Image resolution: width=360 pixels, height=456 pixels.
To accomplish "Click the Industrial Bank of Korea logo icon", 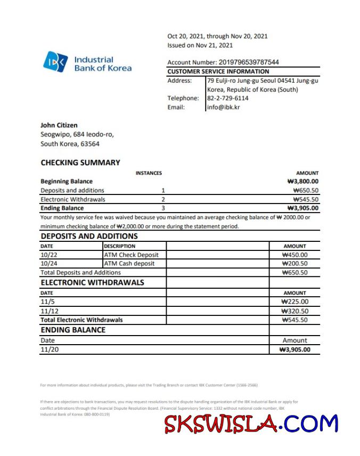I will click(55, 62).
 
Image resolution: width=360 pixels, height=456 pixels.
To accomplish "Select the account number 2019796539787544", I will click(249, 62).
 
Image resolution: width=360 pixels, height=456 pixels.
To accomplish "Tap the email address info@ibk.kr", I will click(224, 107).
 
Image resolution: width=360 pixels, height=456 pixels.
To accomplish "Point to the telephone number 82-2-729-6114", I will click(228, 98).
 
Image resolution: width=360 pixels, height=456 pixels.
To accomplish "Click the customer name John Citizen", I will click(59, 125).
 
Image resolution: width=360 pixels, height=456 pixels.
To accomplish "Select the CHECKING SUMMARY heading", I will click(80, 162).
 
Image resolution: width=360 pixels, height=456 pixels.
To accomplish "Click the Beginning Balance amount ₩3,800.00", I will click(302, 181).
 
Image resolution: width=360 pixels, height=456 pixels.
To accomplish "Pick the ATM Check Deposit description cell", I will click(131, 255).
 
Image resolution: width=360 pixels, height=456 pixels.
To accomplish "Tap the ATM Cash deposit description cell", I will click(129, 263).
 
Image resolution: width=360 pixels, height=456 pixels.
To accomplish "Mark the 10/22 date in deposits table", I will click(48, 255).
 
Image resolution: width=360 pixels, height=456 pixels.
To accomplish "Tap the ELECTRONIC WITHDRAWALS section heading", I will click(92, 282).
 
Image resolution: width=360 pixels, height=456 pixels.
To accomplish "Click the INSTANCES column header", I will click(149, 173).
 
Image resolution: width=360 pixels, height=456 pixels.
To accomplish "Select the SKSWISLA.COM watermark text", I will click(251, 424).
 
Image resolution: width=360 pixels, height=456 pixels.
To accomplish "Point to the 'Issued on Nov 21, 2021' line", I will click(200, 45).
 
